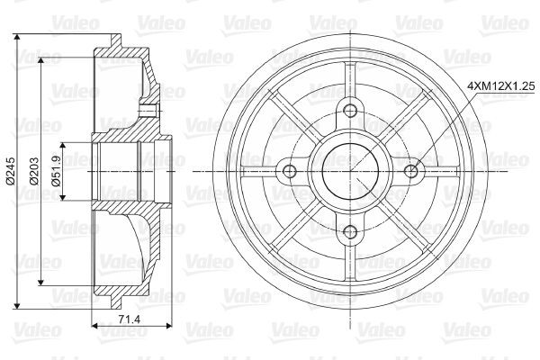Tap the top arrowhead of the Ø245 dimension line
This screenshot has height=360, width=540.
[20, 39]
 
